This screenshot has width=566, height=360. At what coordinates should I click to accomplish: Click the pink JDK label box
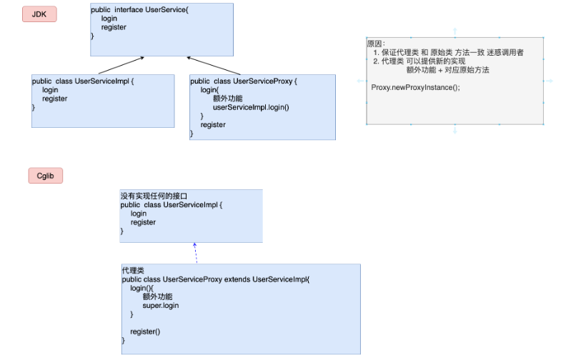(39, 14)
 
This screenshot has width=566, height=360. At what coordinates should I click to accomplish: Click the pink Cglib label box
(46, 175)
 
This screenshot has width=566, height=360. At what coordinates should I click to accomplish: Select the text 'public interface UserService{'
(139, 9)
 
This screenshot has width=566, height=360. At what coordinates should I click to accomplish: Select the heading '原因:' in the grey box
(376, 44)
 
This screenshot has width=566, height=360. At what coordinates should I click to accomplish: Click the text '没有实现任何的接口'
(151, 196)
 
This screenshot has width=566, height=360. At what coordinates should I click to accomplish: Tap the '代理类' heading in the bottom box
(133, 271)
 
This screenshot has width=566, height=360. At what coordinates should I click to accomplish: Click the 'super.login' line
(161, 306)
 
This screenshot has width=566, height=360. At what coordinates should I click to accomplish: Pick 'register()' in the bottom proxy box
(145, 331)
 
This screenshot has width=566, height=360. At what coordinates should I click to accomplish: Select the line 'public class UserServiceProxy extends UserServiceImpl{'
(217, 279)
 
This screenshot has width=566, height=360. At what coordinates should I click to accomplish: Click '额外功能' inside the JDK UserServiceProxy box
(227, 99)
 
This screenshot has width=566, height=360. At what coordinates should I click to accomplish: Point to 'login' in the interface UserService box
(109, 19)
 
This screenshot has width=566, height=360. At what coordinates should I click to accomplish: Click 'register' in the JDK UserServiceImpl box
(55, 99)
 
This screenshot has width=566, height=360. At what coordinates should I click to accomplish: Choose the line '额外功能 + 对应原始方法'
(447, 70)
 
